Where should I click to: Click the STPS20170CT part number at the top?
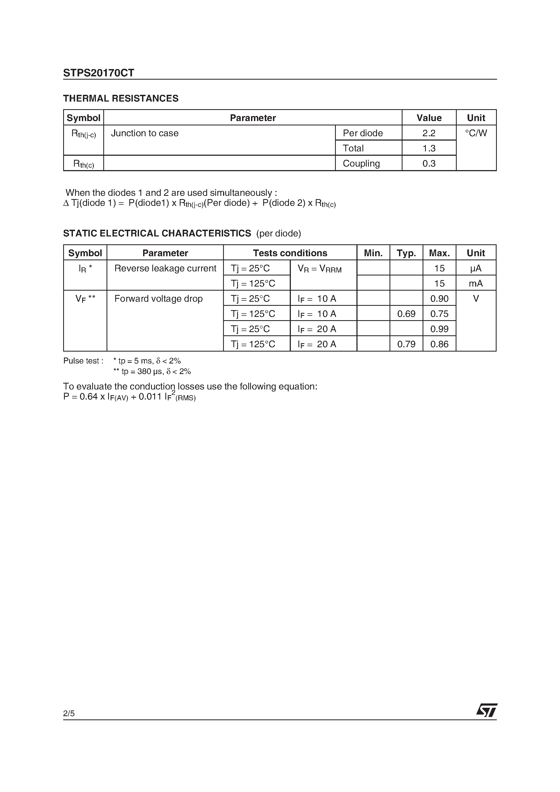point(98,73)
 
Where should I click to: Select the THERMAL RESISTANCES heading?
point(121,99)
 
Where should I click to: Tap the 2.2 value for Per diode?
point(429,133)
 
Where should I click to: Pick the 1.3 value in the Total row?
point(429,148)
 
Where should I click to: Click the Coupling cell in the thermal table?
point(361,164)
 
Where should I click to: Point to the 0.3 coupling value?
point(429,164)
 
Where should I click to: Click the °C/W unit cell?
point(476,133)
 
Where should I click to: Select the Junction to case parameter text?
point(145,133)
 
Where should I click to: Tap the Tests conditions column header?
point(290,253)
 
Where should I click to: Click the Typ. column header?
point(406,253)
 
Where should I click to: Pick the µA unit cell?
point(475,268)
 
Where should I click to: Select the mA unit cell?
point(475,284)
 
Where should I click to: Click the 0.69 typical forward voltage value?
point(406,314)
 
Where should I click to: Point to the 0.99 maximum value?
point(439,329)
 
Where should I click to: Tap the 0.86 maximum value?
point(439,344)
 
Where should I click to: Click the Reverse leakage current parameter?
point(165,268)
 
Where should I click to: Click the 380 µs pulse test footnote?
point(152,372)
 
